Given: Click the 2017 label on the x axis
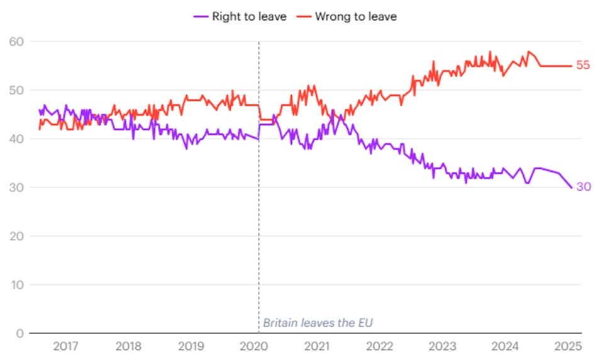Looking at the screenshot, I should tap(65, 346).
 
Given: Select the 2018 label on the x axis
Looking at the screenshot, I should tap(128, 346).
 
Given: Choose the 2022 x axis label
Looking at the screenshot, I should tap(380, 346).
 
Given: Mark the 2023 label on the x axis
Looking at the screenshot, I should tap(443, 346).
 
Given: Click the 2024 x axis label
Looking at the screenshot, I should tap(506, 346).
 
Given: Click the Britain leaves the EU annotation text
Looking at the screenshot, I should tap(318, 323).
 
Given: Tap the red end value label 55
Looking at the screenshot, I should tap(583, 65).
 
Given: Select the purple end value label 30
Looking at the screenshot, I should tap(583, 187).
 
